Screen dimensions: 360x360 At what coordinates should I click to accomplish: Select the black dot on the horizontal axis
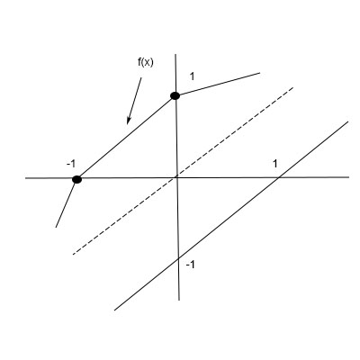pos(76,179)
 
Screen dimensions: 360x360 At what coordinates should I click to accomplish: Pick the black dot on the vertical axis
pos(175,94)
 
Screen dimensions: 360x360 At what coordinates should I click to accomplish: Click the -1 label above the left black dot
pos(71,163)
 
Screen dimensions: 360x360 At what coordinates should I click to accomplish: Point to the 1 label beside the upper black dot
pos(192,78)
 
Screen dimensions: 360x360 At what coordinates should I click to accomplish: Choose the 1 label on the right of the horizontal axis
pos(275,163)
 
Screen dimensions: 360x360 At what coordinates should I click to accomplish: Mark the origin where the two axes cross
pos(177,178)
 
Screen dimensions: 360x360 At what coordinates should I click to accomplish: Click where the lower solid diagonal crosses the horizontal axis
pos(280,177)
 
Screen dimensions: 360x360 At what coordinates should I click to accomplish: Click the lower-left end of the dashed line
pos(72,254)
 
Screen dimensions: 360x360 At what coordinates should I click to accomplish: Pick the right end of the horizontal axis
pos(348,177)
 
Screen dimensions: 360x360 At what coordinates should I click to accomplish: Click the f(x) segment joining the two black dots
pos(126,137)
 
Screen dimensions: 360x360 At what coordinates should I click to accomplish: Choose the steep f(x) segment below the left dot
pos(66,203)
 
